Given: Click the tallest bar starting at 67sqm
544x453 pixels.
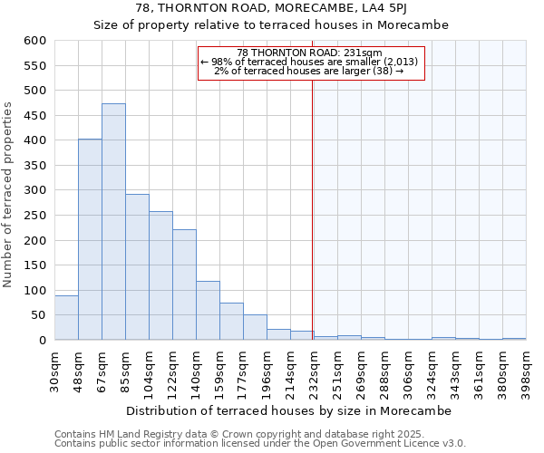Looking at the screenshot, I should click(x=113, y=222).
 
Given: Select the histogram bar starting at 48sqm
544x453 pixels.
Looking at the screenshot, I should click(x=90, y=240).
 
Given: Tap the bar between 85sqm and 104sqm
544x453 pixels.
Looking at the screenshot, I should click(x=137, y=267).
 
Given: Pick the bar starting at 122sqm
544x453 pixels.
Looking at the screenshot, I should click(x=184, y=284).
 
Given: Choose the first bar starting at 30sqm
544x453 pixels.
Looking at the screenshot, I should click(x=66, y=318).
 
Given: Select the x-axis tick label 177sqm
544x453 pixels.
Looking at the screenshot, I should click(x=244, y=370).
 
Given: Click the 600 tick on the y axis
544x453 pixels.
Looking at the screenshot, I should click(x=34, y=41).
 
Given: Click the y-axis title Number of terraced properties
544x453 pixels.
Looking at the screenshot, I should click(x=9, y=195).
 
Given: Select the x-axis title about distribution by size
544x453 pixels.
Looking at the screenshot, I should click(x=287, y=410).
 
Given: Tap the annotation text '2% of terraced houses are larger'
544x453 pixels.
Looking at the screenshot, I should click(x=309, y=71).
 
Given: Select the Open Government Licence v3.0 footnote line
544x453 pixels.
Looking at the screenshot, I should click(x=260, y=443).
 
